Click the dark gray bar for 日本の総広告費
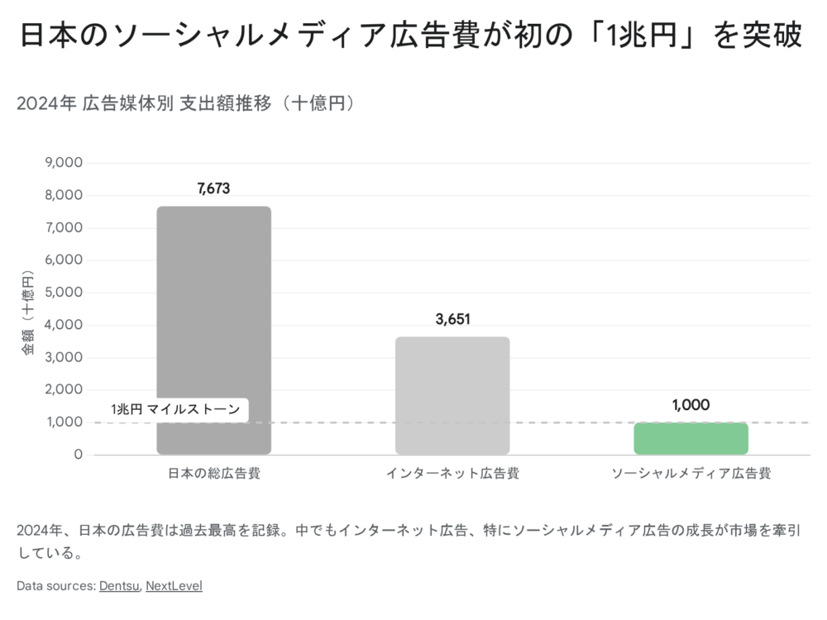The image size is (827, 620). click(213, 331)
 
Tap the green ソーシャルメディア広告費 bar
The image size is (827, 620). click(691, 438)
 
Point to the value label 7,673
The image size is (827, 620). click(213, 188)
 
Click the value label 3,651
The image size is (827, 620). click(452, 319)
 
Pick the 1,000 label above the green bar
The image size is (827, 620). click(691, 405)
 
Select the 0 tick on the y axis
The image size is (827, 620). click(79, 455)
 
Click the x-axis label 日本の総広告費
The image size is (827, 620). click(213, 475)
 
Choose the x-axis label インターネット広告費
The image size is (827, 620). click(452, 475)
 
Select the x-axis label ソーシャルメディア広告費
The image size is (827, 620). click(691, 475)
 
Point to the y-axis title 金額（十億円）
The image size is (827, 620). click(28, 312)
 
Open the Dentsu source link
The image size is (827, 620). click(120, 586)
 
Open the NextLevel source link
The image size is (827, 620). click(174, 586)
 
